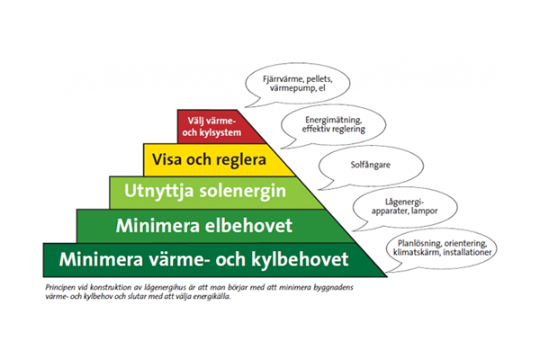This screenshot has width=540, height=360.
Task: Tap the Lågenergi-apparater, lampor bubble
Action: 394,205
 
